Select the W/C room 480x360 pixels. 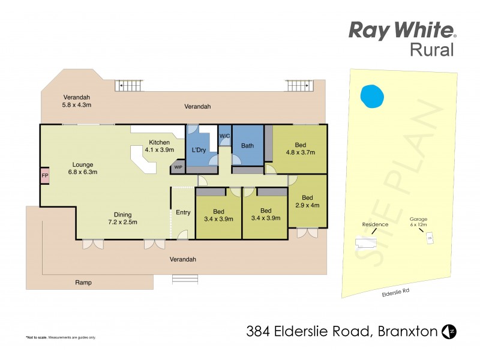(224, 137)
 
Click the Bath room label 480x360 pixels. (247, 146)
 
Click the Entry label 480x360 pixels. (182, 212)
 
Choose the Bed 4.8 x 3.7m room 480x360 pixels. (300, 149)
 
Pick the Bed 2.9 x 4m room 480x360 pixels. (307, 202)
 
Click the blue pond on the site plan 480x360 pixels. (372, 96)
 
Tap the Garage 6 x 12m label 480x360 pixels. (418, 222)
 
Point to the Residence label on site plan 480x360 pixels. (375, 224)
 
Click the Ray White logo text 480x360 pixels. (403, 30)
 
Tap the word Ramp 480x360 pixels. (83, 282)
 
